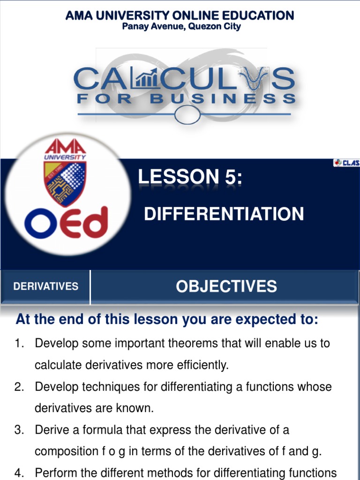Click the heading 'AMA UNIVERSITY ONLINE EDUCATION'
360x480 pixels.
180,15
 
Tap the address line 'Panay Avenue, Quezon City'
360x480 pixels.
181,27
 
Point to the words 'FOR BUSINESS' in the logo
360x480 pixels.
186,99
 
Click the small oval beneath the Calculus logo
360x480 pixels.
187,113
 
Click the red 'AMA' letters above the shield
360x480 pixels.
65,146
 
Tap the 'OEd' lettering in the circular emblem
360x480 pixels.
66,222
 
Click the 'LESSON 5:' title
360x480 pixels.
190,177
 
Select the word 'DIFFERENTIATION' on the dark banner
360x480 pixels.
224,214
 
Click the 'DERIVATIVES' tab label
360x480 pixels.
45,286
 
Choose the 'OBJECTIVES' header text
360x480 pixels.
226,286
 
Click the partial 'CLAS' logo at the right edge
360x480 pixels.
347,163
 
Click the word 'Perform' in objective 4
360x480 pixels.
54,473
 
